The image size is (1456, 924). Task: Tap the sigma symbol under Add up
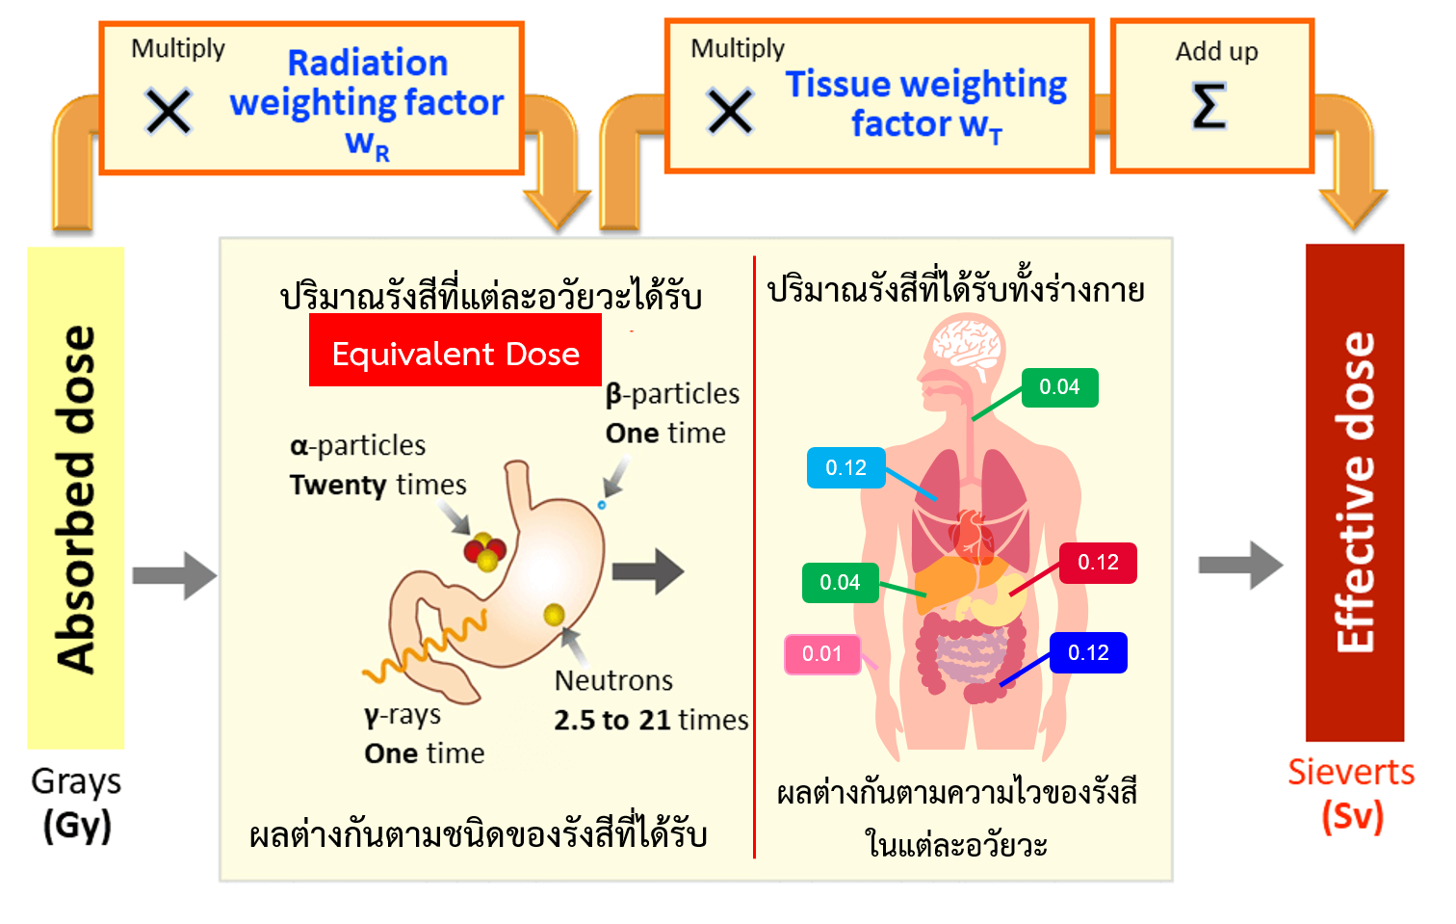(x=1209, y=105)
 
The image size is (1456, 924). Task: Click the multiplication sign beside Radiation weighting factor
(x=169, y=111)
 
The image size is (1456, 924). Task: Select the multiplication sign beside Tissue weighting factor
(x=730, y=111)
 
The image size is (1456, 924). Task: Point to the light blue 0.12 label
(x=846, y=468)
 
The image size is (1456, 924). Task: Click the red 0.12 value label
(x=1098, y=563)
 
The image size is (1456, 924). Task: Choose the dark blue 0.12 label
(x=1088, y=653)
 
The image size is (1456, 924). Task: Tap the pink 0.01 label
(x=822, y=654)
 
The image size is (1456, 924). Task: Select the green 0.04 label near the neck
(x=1059, y=387)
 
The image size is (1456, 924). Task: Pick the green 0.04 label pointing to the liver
(x=840, y=583)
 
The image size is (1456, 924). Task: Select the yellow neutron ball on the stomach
(x=554, y=614)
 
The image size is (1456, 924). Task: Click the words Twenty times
(x=377, y=485)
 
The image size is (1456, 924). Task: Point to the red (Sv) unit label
(x=1352, y=816)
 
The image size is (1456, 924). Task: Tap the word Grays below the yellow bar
(x=76, y=781)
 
